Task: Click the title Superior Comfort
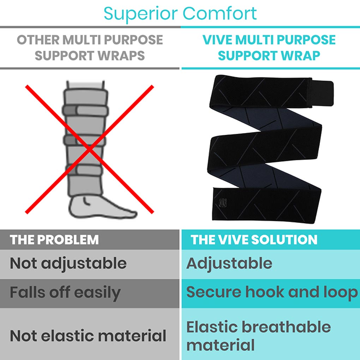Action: [180, 13]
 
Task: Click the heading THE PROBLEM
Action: [54, 240]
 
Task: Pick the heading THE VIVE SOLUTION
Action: [254, 240]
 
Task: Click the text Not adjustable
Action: [68, 263]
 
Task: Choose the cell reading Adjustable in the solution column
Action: [229, 264]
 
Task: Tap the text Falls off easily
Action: [65, 293]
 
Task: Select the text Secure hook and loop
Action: [272, 292]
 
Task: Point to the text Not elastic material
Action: [88, 335]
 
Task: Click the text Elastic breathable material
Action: [258, 336]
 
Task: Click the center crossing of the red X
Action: [90, 150]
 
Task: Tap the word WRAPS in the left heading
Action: [126, 55]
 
